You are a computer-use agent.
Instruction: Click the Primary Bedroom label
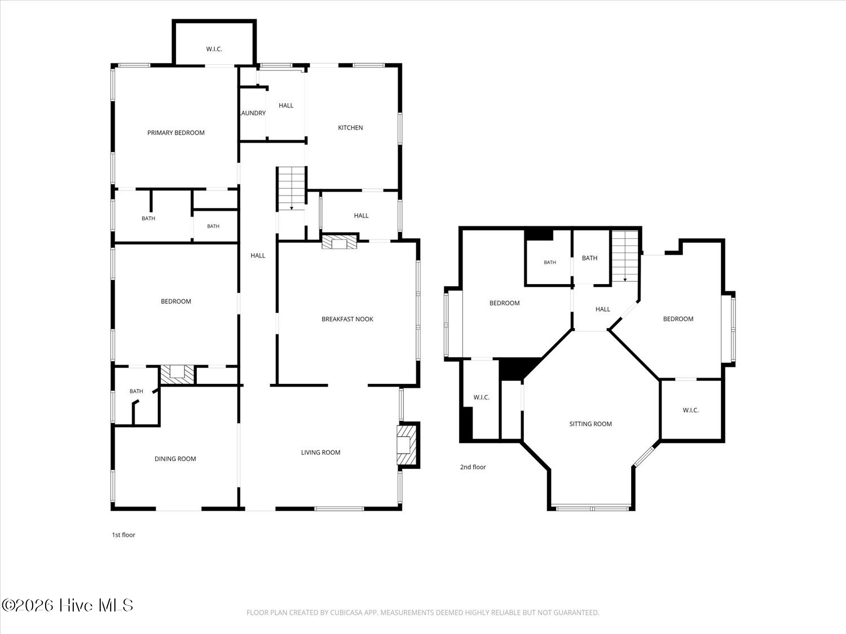point(176,133)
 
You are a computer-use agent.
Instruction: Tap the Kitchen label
point(350,128)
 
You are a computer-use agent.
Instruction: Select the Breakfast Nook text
point(347,319)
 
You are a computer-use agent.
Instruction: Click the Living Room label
point(321,453)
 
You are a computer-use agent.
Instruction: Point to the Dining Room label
point(175,459)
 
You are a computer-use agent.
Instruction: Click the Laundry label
point(253,113)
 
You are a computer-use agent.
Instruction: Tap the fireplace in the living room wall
point(407,445)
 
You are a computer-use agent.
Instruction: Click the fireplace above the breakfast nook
point(339,242)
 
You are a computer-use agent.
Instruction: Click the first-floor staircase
point(292,189)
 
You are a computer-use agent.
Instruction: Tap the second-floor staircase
point(625,256)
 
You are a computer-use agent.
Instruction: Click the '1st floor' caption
point(124,535)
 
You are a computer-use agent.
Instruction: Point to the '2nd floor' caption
point(473,467)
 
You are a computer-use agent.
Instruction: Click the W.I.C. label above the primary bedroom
point(214,49)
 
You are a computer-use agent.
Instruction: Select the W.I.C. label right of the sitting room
point(691,410)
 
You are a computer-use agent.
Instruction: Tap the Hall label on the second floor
point(603,309)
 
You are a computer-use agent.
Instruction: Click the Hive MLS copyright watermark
point(68,605)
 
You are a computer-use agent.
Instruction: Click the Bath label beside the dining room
point(136,392)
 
